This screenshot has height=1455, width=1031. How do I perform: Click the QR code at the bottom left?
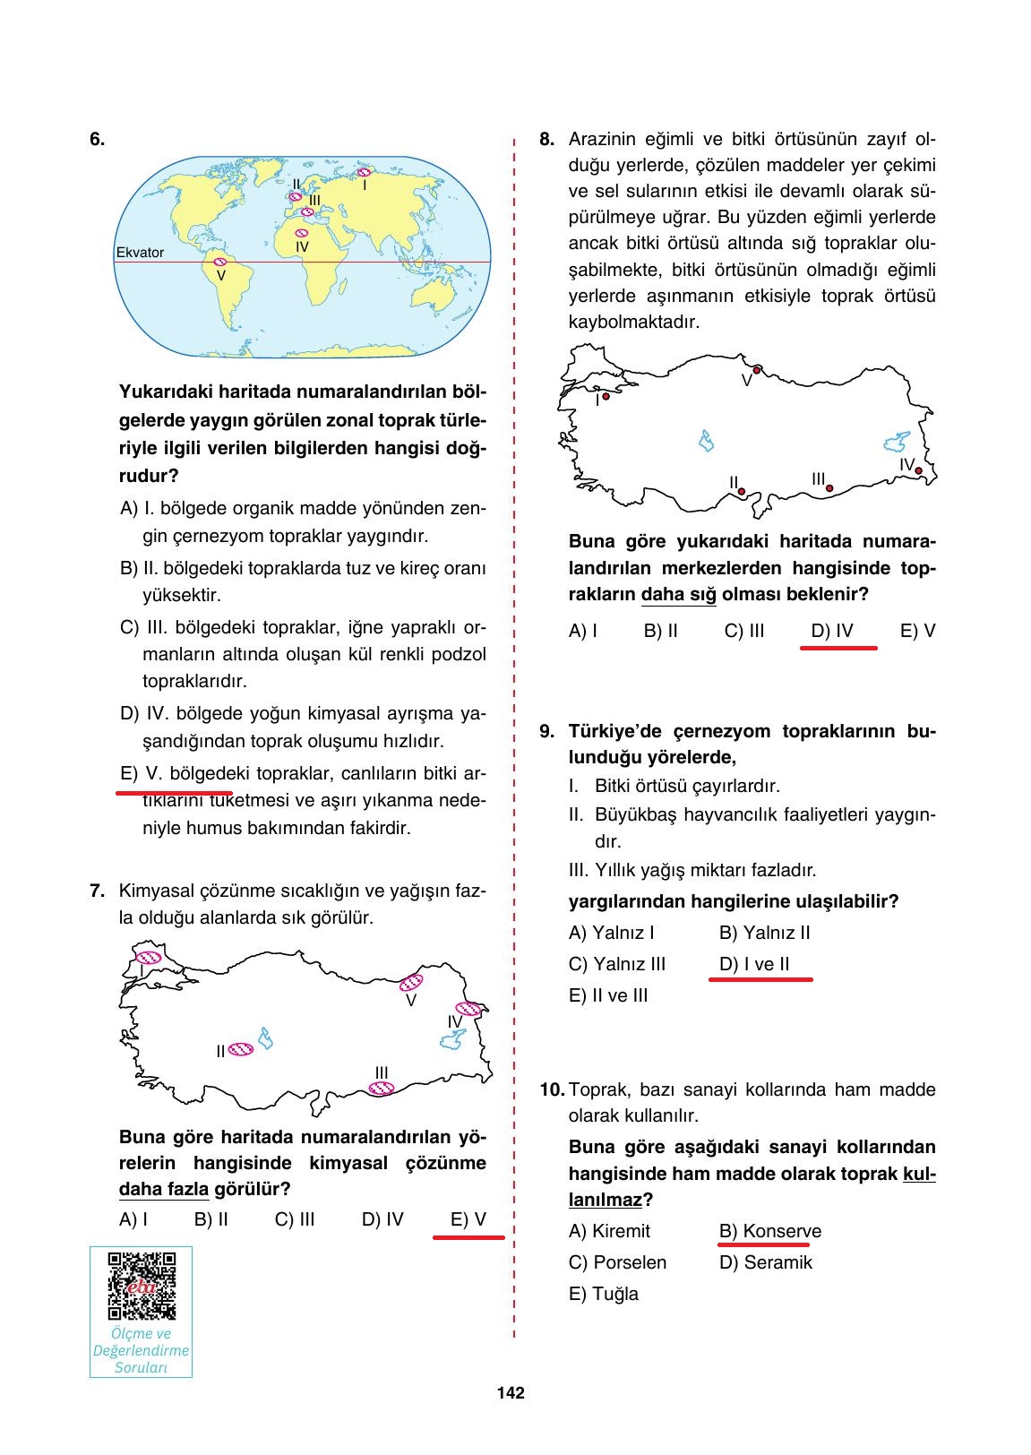(142, 1286)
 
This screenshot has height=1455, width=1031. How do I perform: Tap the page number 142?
(511, 1392)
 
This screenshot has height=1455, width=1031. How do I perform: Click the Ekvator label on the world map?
(141, 253)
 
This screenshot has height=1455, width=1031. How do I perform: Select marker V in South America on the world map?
(219, 262)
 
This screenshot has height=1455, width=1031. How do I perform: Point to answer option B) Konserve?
(769, 1231)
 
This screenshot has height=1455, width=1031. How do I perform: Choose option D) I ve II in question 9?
(754, 964)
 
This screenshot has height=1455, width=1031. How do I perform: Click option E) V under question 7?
(468, 1219)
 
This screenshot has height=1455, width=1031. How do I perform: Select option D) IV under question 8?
(832, 631)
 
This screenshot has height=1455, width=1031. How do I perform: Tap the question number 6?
(97, 139)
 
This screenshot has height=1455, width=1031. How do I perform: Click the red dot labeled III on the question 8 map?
(829, 488)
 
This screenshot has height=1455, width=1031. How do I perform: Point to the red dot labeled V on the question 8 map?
(757, 369)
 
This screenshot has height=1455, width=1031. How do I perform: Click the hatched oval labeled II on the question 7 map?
(241, 1049)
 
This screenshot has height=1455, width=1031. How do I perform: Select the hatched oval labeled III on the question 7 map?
(382, 1089)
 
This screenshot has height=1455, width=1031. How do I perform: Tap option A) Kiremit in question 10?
(610, 1231)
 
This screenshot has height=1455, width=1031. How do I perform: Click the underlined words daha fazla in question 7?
(164, 1190)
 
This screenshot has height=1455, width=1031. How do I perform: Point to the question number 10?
(552, 1090)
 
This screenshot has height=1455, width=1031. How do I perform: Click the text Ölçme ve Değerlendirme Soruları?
(142, 1350)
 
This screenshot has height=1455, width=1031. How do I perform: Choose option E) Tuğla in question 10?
(604, 1294)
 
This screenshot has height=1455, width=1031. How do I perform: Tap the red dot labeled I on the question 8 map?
(606, 396)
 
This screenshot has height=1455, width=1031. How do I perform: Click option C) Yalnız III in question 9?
(617, 964)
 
